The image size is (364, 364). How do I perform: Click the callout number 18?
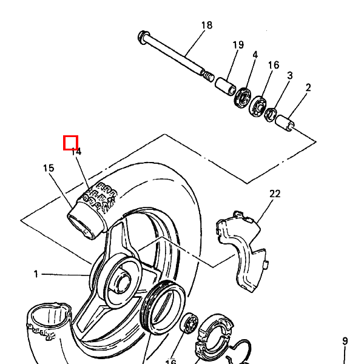point(207,25)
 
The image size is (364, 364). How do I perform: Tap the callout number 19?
point(238,45)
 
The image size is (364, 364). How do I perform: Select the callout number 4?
point(255,55)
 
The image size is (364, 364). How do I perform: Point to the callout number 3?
point(290,75)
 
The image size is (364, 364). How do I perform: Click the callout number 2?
point(308,87)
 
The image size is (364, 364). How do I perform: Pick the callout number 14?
point(76,152)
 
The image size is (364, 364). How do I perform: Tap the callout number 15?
point(49,168)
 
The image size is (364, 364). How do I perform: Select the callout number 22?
point(275,194)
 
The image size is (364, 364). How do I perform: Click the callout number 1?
point(36,274)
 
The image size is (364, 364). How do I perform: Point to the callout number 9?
point(345,341)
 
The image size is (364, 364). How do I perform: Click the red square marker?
point(71,143)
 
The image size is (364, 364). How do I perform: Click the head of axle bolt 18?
point(143,36)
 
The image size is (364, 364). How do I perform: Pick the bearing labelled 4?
point(246,96)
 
